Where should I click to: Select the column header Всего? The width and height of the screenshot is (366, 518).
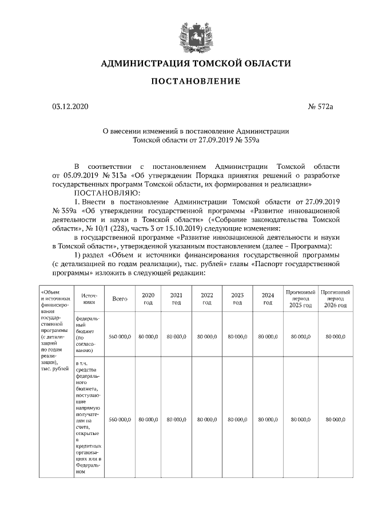120,299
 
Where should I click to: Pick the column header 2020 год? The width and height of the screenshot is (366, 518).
148,299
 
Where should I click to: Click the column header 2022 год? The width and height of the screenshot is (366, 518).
207,299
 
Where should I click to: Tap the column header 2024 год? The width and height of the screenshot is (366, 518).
268,299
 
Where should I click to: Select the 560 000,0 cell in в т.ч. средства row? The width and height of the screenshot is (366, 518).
120,420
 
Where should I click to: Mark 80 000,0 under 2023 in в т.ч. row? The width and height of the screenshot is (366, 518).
237,420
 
